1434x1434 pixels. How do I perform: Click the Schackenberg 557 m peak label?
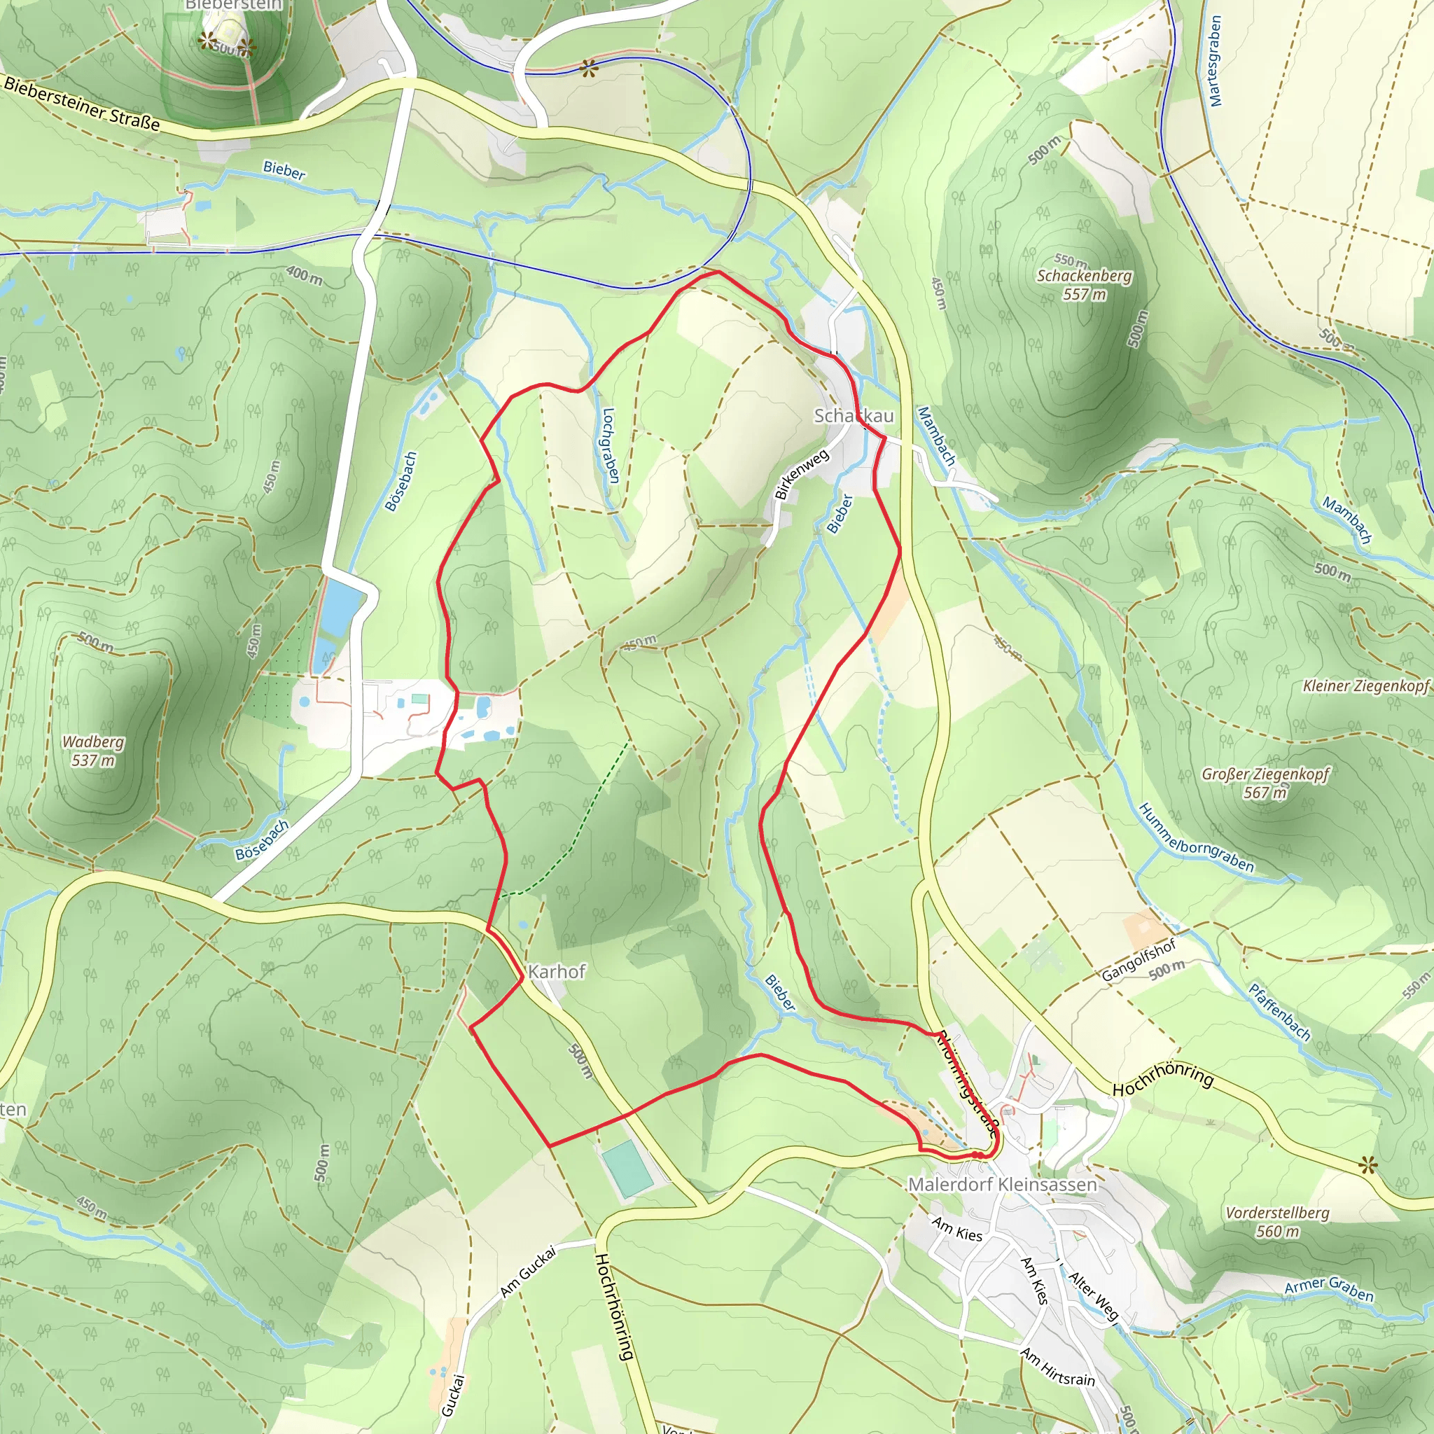[1085, 285]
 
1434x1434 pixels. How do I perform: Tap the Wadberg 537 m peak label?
[94, 751]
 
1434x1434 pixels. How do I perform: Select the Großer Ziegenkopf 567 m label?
[1265, 783]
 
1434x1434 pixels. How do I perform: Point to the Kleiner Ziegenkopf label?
[1365, 685]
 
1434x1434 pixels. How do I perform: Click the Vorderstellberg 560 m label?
[1277, 1222]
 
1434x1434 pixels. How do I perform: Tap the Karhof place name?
[557, 972]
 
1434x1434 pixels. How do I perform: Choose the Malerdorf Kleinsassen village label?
[1002, 1185]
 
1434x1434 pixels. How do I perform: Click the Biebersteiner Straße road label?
[82, 104]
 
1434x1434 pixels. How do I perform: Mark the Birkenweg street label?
[801, 475]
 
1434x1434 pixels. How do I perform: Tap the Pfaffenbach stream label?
[1279, 1012]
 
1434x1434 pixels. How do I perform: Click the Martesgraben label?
[1215, 61]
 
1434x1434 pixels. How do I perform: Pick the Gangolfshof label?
[1139, 960]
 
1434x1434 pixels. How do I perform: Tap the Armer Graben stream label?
[1328, 1288]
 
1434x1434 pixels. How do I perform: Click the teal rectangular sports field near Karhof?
[627, 1169]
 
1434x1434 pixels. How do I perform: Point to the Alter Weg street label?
[1092, 1296]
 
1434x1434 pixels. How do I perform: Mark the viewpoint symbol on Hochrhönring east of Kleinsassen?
[1368, 1166]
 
